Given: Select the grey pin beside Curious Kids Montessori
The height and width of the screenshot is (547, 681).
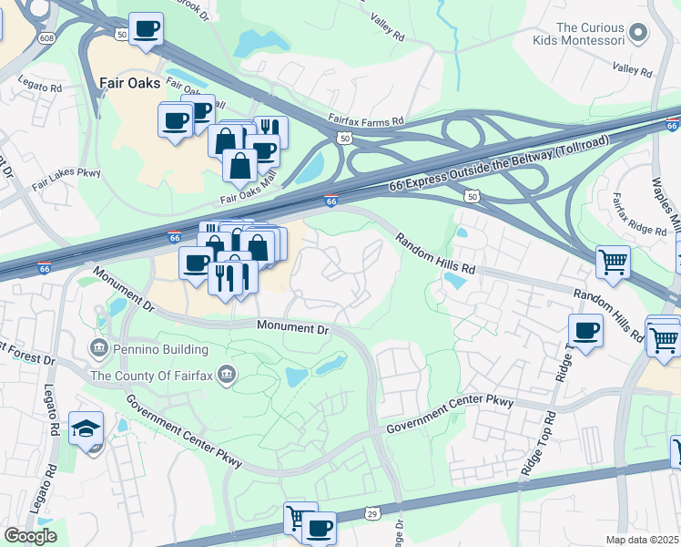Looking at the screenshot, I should pos(639,34).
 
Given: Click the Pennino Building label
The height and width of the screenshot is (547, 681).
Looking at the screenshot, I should pos(161,347).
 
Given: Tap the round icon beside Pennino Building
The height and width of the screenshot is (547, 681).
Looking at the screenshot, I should pos(99,347).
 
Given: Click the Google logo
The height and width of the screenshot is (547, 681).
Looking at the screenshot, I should pos(30,535).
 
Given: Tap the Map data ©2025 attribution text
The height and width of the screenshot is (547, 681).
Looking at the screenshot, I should pos(642,540).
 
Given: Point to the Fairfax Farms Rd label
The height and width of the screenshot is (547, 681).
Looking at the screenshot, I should pos(366,121).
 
